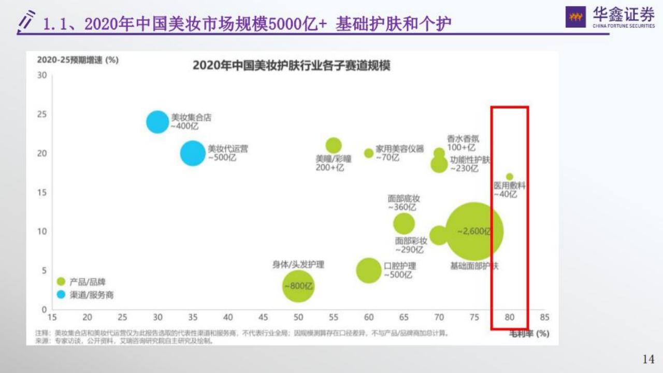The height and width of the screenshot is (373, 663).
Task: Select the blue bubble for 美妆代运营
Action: coord(193,153)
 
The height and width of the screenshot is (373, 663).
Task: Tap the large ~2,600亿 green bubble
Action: coord(474,232)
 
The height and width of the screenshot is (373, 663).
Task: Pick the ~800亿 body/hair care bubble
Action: coord(298,286)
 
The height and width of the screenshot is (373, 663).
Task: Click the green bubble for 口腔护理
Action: coord(369,270)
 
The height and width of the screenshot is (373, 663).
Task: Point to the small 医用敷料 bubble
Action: coord(510,177)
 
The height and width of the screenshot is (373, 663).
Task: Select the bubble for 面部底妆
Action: coord(404,224)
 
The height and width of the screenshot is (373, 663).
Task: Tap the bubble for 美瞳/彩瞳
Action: coord(334,146)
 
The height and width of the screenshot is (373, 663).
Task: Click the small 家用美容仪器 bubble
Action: coord(369,153)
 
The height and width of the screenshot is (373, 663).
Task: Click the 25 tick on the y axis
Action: coord(42,114)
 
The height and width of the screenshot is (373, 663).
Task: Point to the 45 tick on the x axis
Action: coord(263,317)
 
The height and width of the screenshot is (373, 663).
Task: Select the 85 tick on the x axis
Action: coord(544,317)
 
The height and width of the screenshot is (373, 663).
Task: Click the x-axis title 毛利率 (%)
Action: coord(529,334)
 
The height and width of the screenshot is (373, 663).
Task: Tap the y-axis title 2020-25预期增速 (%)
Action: coord(78,60)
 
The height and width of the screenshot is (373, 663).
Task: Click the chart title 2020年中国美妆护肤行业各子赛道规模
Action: coord(292,66)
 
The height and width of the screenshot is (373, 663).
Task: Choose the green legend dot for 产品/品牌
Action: coord(61,282)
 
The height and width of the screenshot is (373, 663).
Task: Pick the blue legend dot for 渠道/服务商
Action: coord(61,295)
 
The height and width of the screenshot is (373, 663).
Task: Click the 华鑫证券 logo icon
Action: coord(575,18)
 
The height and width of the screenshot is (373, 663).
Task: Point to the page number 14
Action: coord(648,359)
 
